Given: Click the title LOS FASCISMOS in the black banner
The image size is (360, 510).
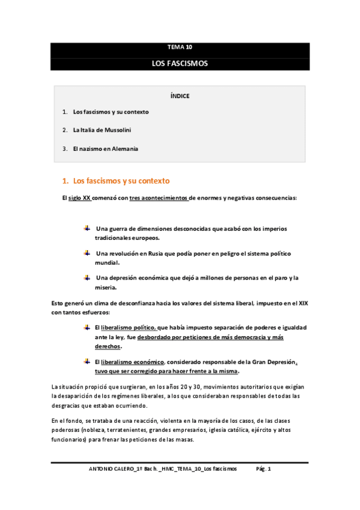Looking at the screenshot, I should coord(180,63).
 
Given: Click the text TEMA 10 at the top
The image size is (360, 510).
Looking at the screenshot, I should coord(180,47).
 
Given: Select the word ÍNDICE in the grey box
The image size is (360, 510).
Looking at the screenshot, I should coord(180,96).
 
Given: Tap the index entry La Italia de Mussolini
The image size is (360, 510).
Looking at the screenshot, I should coord(102,130).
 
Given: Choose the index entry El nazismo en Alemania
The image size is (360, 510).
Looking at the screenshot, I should coord(105,149).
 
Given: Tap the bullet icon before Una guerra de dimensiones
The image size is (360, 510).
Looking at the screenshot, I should coord(87,228).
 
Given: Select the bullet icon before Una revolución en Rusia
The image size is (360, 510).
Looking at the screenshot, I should coord(87,253).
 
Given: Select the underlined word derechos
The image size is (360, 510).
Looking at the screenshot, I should coord(108,346).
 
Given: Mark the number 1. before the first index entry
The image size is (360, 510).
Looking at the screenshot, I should coord(64,112).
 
